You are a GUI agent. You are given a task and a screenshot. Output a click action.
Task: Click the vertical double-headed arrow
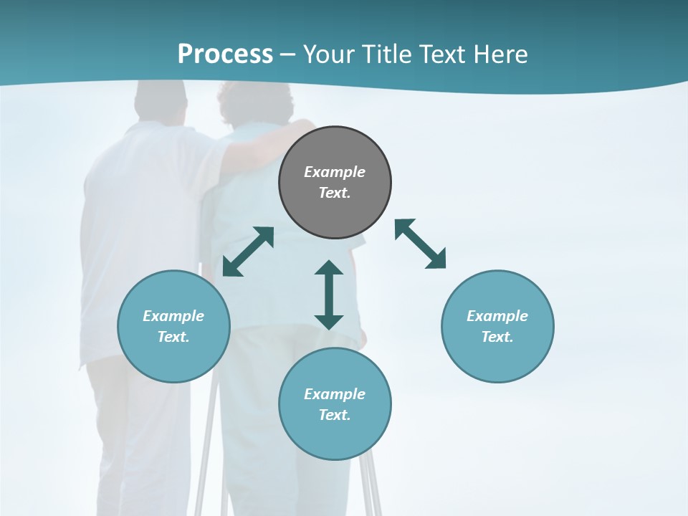click(329, 295)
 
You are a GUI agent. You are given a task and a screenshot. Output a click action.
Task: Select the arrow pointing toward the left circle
click(248, 252)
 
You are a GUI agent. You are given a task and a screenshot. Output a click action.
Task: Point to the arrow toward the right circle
click(421, 244)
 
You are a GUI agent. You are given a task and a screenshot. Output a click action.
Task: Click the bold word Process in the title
click(225, 54)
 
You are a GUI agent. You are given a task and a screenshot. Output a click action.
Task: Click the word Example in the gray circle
click(335, 172)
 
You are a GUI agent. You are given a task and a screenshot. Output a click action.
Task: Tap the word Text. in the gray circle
click(335, 193)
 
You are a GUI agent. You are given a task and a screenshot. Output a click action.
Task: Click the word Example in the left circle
click(173, 316)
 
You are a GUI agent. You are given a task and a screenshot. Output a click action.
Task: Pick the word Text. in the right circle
click(497, 337)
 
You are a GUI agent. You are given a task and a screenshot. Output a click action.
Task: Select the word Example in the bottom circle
click(335, 394)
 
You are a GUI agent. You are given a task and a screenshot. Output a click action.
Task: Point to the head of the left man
click(160, 100)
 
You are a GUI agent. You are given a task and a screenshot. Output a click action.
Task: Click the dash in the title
click(288, 54)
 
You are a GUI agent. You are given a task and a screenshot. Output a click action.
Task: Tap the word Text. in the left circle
click(173, 337)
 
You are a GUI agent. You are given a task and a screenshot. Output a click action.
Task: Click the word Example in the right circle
click(497, 316)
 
